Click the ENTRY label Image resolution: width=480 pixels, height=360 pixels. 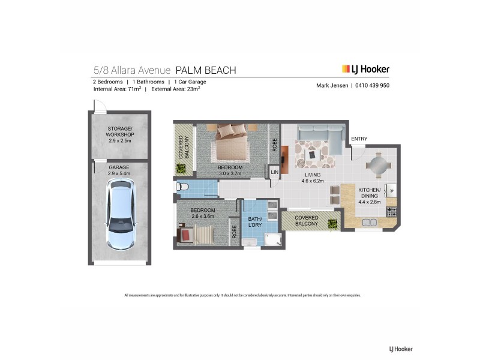pyautogui.click(x=359, y=139)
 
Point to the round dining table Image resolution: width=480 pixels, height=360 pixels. pyautogui.click(x=377, y=164)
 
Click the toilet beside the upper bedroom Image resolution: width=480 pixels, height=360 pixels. pyautogui.click(x=183, y=188)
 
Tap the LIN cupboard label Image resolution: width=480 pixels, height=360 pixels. pyautogui.click(x=275, y=172)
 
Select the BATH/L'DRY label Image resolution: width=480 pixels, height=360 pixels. pyautogui.click(x=254, y=223)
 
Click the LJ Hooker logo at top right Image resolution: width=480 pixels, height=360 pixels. pyautogui.click(x=365, y=70)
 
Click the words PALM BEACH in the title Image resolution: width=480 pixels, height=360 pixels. pyautogui.click(x=205, y=70)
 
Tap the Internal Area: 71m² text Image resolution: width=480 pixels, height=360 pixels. pyautogui.click(x=117, y=89)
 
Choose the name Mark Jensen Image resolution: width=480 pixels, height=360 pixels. pyautogui.click(x=332, y=85)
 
